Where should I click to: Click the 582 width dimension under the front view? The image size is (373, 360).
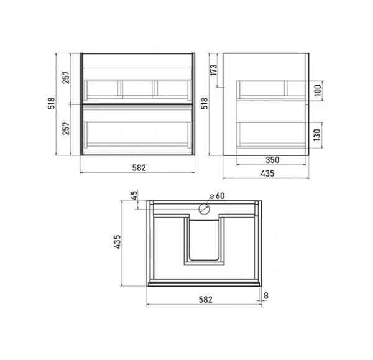(139, 168)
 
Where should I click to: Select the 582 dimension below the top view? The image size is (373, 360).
(206, 299)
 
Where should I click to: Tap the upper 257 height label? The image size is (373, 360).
(66, 78)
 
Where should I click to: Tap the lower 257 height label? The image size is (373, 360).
(66, 129)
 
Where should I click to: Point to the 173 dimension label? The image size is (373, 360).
(214, 70)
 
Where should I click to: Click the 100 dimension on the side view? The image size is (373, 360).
(318, 90)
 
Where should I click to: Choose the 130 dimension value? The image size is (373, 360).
(317, 135)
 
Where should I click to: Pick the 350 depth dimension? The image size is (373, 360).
(272, 160)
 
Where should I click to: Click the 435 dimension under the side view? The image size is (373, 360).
(267, 173)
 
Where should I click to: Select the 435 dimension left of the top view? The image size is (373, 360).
(117, 242)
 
